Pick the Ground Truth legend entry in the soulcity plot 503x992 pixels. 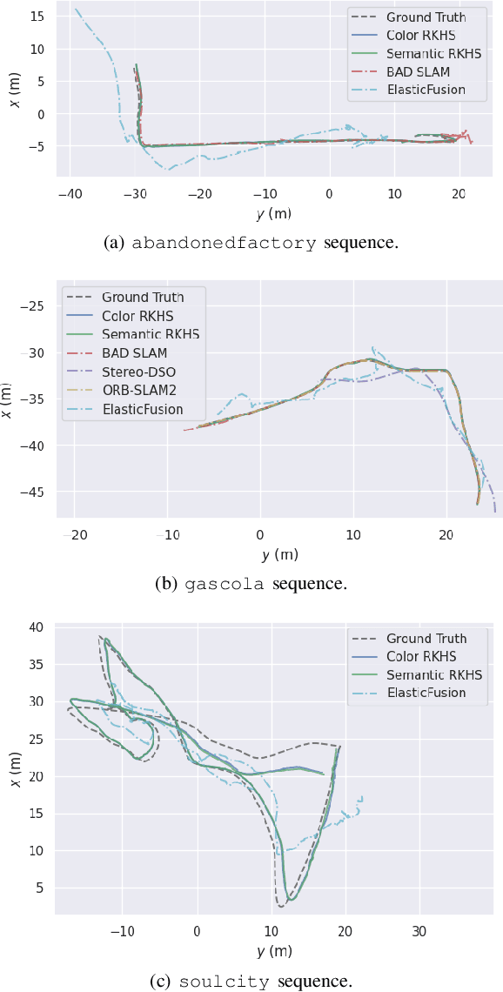coord(426,638)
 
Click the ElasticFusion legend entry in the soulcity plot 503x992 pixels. coord(426,693)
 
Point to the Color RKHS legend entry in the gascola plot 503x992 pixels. coord(139,316)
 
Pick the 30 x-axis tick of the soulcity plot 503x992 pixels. coord(419,930)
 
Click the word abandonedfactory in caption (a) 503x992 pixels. coord(224,244)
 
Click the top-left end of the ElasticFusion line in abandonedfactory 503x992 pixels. coord(75,9)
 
